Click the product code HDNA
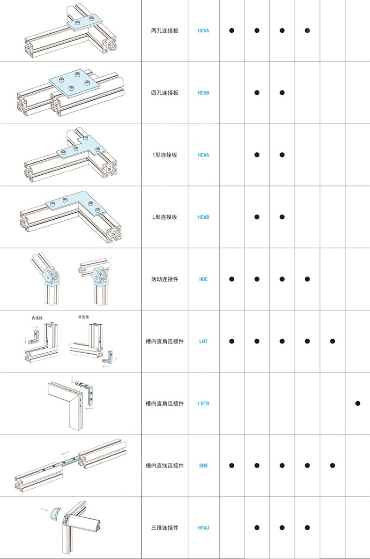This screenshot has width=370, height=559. [203, 30]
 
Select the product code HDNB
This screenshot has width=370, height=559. [203, 93]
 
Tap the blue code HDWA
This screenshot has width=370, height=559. [203, 155]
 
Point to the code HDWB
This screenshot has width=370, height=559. [203, 217]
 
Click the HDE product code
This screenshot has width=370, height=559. [203, 279]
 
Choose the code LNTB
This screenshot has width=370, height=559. [203, 403]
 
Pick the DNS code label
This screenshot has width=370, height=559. [203, 466]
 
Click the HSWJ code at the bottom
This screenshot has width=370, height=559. [203, 528]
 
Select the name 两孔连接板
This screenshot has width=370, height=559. [165, 30]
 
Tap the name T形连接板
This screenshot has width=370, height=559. [165, 155]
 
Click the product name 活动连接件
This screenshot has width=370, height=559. [165, 279]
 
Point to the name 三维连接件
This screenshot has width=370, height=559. [165, 528]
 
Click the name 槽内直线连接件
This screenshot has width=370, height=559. [165, 466]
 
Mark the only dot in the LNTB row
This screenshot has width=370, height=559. [357, 403]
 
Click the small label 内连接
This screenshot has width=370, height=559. [37, 318]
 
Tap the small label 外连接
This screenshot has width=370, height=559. [83, 317]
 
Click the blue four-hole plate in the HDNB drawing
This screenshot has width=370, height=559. [75, 83]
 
